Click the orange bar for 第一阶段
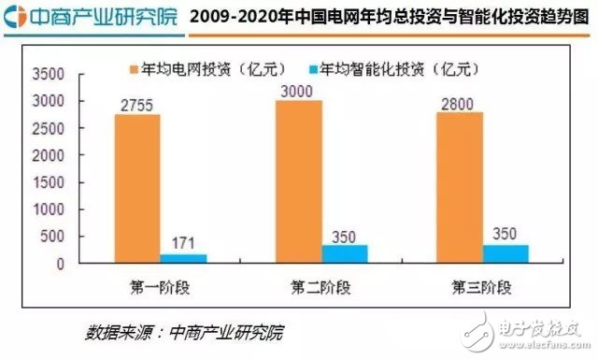[x=137, y=189]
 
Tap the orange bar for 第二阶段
[x=298, y=181]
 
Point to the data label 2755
[x=137, y=104]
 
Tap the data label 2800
[x=458, y=101]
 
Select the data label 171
[x=183, y=244]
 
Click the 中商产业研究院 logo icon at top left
[x=14, y=16]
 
